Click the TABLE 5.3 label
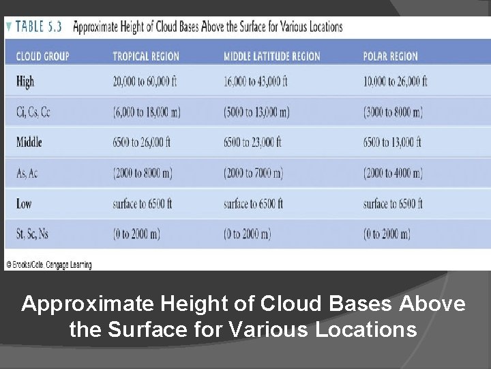point(40,27)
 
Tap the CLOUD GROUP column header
point(42,56)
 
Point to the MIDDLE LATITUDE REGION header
point(271,56)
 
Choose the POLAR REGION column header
point(391,56)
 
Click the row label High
point(25,82)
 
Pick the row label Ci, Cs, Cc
point(33,113)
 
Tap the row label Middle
point(29,142)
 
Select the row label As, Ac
point(27,174)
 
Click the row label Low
point(25,204)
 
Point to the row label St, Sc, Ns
point(33,234)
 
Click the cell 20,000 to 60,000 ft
point(145,82)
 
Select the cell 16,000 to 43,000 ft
point(256,82)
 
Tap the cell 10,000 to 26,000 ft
point(396,82)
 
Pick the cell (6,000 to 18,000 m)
point(147,113)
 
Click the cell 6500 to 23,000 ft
point(252,142)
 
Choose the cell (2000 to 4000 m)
point(393,174)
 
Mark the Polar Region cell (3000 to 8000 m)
point(393,113)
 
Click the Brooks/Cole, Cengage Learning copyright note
point(48,264)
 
